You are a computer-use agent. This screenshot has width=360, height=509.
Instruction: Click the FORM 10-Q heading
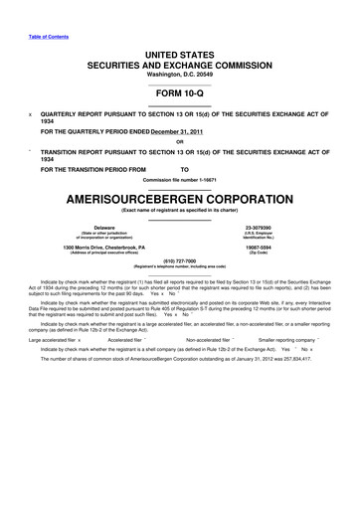point(180,93)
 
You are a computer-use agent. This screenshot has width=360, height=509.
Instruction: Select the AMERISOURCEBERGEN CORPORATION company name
point(180,197)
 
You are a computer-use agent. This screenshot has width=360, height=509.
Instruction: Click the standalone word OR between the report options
point(180,141)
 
